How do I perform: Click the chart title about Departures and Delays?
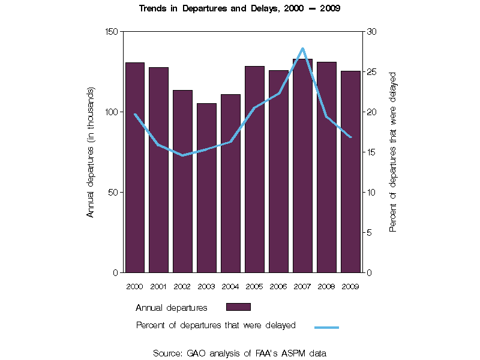tap(239, 9)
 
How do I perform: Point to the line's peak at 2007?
tap(302, 48)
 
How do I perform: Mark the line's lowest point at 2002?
tap(183, 155)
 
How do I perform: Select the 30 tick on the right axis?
tap(371, 31)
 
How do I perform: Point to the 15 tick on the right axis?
tap(371, 152)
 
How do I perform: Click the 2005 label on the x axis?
tap(254, 286)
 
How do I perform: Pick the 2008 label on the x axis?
tap(326, 286)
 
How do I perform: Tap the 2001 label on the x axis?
tap(158, 286)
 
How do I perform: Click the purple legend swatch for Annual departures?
tap(238, 307)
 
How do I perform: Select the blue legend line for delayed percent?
tap(326, 327)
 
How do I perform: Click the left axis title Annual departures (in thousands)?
tap(91, 152)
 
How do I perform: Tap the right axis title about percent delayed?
tap(394, 152)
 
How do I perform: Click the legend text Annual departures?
tap(172, 308)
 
